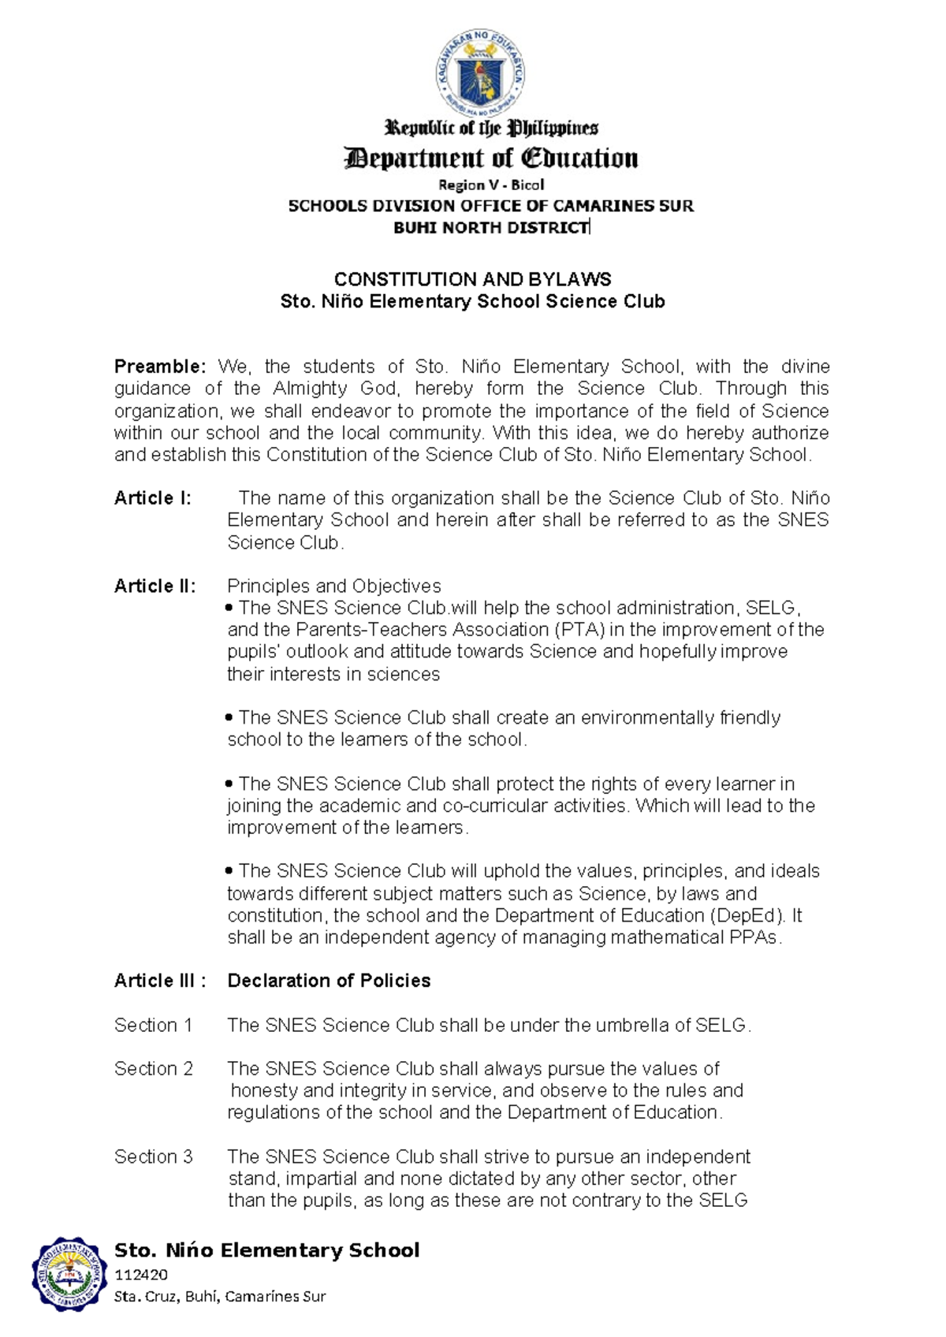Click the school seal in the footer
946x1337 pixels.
69,1274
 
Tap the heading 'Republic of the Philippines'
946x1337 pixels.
490,128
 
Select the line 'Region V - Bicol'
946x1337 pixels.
491,184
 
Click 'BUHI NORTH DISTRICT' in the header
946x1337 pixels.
491,228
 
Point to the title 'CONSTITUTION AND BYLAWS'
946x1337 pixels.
472,279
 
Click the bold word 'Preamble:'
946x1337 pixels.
160,367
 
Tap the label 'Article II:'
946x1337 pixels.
155,586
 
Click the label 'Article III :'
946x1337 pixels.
160,981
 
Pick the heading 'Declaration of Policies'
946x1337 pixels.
329,981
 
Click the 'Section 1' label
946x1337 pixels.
153,1025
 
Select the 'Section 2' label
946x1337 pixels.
153,1068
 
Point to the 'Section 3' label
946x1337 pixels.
153,1156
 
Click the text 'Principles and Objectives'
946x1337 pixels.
333,586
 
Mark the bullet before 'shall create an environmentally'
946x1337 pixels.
229,717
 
